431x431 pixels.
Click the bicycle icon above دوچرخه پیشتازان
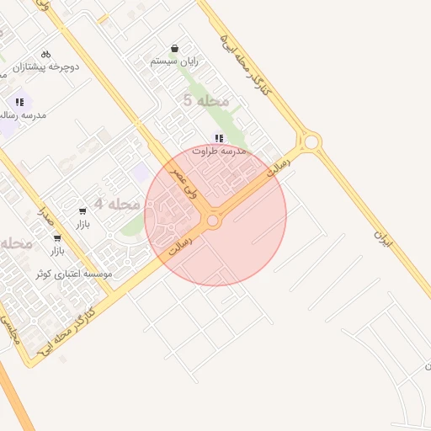[45, 53]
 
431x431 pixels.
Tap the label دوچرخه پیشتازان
[52, 66]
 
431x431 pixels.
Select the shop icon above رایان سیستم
[174, 49]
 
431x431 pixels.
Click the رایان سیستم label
[174, 61]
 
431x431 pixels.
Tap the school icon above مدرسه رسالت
[19, 101]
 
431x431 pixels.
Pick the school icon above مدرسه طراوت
[218, 138]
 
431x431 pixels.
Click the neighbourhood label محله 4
[116, 204]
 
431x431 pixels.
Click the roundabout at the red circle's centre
[213, 221]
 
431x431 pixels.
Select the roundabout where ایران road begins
[311, 141]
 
